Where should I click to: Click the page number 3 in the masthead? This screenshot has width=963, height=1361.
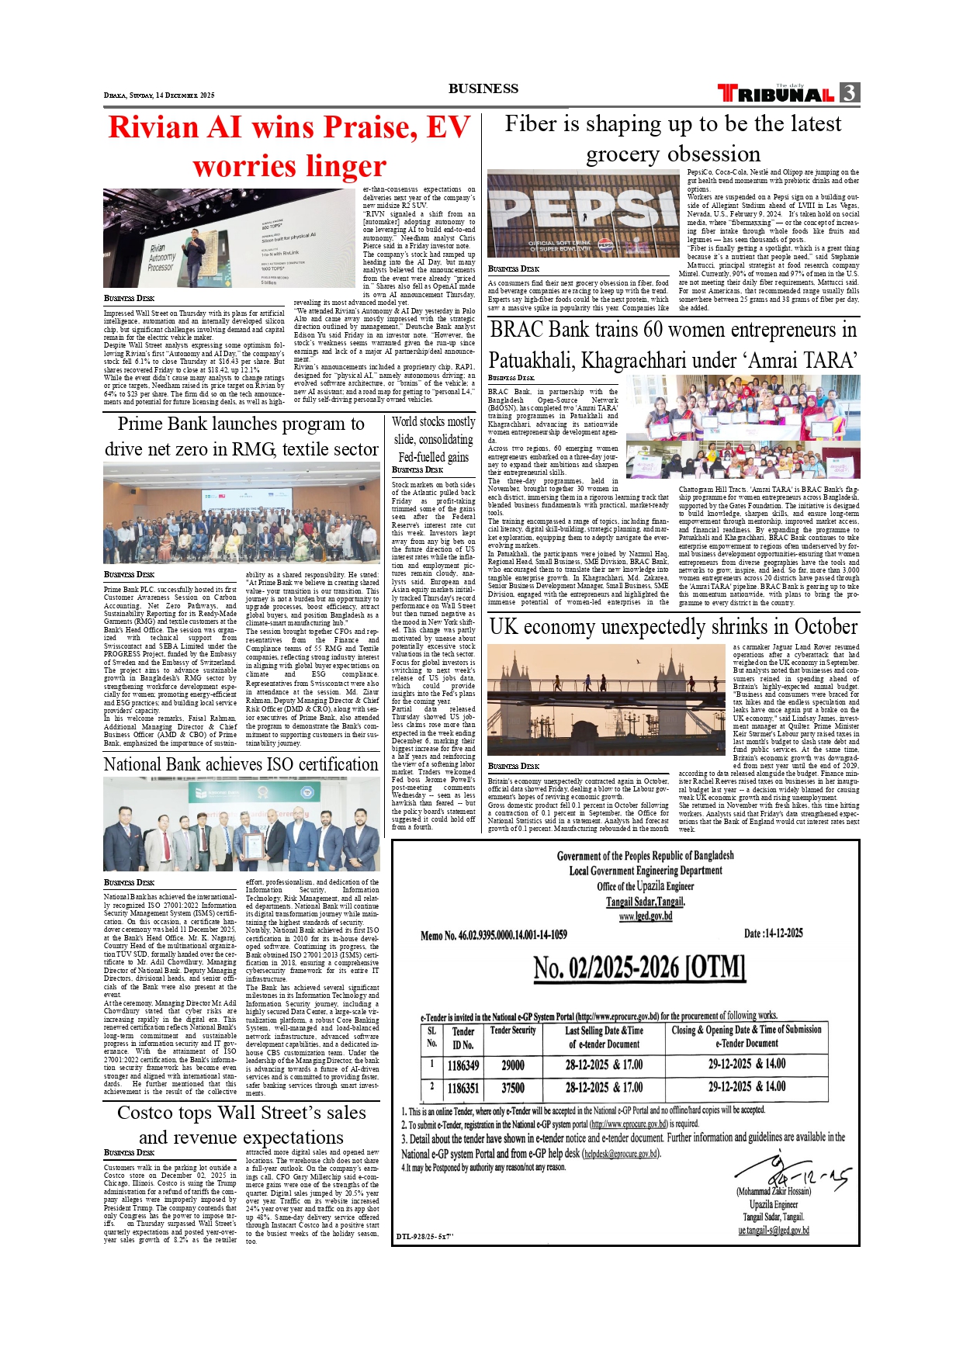tap(850, 93)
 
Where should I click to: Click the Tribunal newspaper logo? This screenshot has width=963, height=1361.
tap(776, 94)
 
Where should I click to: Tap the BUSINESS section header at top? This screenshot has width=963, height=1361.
tap(483, 88)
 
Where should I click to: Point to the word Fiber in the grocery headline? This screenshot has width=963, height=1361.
tap(535, 124)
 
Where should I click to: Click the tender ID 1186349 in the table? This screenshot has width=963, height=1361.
tap(463, 1066)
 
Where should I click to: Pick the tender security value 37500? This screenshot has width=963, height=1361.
tap(512, 1088)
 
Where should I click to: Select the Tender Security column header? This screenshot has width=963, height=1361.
tap(512, 1030)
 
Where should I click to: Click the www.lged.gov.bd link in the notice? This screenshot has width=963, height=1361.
tap(645, 916)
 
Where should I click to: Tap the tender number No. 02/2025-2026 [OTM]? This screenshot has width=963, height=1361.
tap(639, 968)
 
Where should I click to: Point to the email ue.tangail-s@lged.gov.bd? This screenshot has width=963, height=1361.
tap(773, 1230)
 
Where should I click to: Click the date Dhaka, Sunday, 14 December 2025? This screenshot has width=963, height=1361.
tap(159, 95)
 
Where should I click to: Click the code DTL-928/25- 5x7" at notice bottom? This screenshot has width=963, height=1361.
tap(424, 1236)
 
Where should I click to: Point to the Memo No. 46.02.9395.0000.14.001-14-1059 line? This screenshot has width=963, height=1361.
tap(494, 935)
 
